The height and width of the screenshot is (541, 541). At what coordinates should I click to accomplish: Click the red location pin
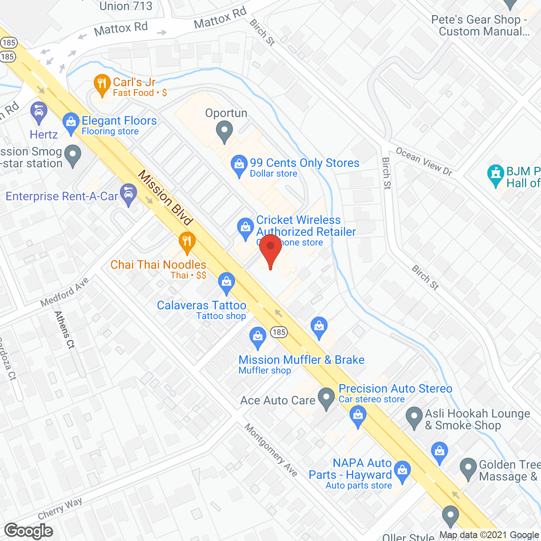click(270, 249)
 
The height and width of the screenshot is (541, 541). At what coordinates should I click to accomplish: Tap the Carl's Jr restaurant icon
click(101, 83)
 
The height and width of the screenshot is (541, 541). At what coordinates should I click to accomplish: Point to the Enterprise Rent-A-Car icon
click(128, 194)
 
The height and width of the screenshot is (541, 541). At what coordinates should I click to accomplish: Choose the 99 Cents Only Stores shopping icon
click(239, 165)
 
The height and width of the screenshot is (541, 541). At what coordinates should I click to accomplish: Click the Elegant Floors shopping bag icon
click(71, 123)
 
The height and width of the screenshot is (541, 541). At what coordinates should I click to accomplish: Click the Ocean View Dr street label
click(424, 161)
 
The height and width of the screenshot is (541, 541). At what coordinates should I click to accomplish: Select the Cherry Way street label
click(60, 508)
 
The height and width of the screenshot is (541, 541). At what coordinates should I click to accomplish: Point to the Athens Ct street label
click(65, 330)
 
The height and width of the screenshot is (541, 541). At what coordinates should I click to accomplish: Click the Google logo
click(29, 530)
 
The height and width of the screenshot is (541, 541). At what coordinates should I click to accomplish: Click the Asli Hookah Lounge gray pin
click(414, 417)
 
